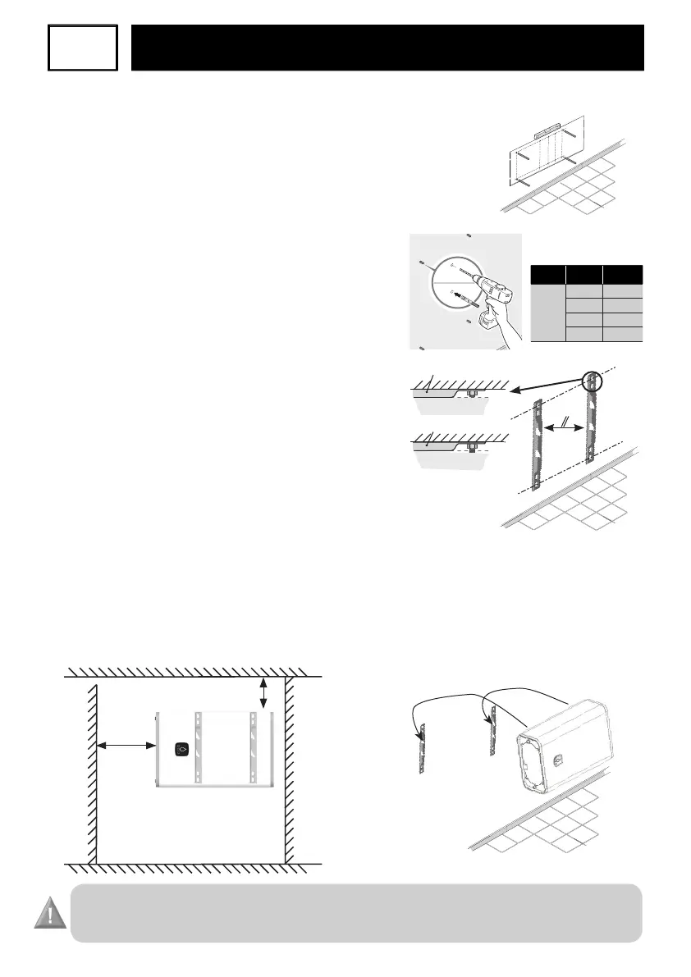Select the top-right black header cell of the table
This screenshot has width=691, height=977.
622,274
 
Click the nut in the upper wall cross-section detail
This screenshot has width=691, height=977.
471,395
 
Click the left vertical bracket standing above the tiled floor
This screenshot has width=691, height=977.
537,444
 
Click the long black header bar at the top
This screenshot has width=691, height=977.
387,48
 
